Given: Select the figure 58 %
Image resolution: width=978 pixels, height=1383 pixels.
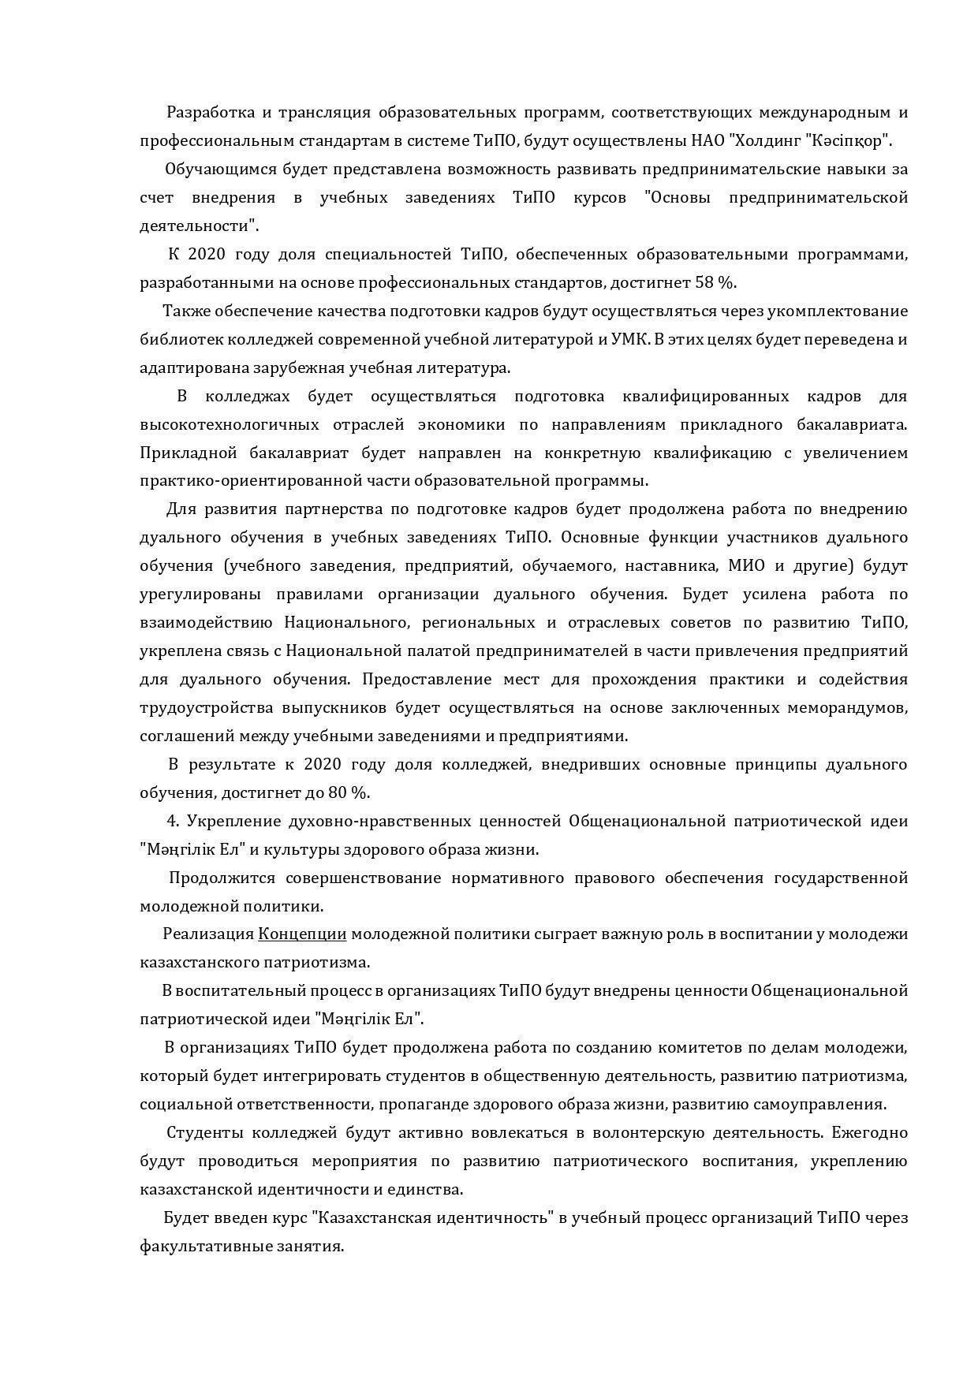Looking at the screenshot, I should tap(715, 282).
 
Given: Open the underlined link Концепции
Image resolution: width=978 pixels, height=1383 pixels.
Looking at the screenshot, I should tap(302, 934).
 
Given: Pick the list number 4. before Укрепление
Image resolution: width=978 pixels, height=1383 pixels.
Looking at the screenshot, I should tap(173, 822).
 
